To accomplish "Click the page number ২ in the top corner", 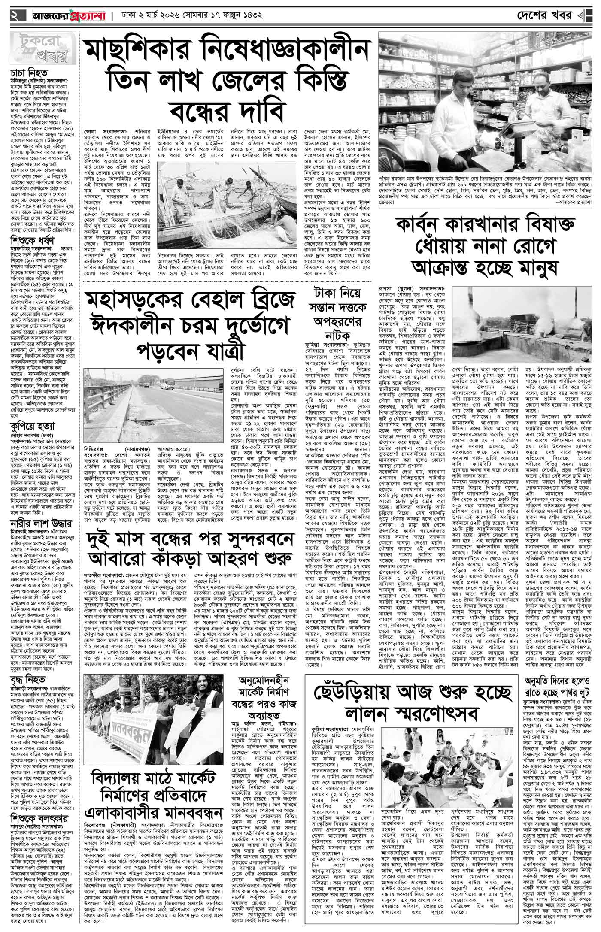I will [x=15, y=17].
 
